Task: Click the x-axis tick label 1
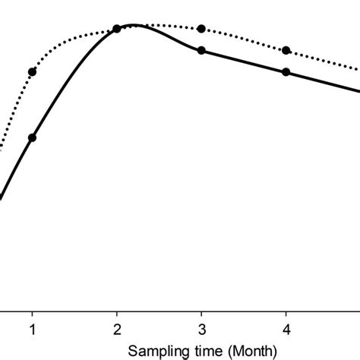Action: [32, 330]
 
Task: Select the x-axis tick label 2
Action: [116, 330]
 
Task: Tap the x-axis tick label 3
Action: [201, 330]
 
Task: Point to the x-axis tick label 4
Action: [286, 330]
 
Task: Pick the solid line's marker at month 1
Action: [32, 137]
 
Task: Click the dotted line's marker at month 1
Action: [32, 72]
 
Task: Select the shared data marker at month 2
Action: [116, 29]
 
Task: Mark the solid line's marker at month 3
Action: [201, 50]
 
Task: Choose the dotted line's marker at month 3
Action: [201, 29]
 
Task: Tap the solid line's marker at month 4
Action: [286, 72]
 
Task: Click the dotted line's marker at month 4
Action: [286, 50]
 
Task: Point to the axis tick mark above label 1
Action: [32, 314]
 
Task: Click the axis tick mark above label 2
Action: [116, 314]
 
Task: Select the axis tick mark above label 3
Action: [201, 314]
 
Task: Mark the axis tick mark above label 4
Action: [286, 314]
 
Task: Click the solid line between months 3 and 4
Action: [243, 61]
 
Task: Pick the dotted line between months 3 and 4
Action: [243, 38]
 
